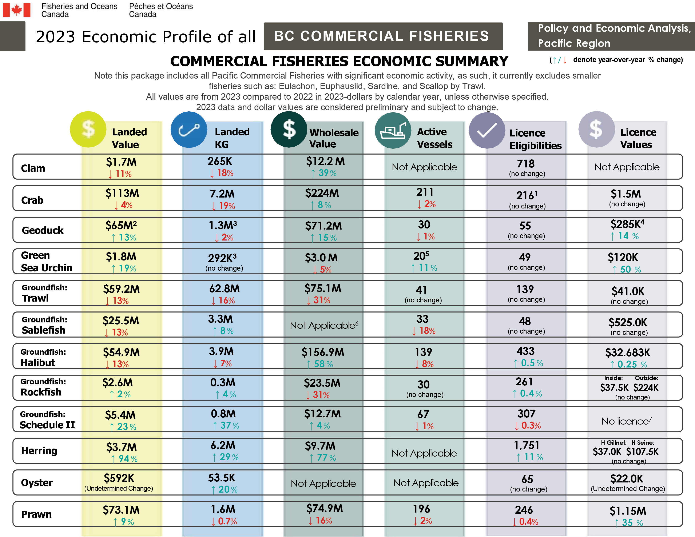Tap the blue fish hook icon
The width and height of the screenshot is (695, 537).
189,130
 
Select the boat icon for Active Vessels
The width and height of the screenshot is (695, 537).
393,130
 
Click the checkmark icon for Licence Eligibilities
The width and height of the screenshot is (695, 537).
486,130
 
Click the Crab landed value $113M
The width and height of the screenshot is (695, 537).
122,193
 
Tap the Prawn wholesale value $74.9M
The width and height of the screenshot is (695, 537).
324,508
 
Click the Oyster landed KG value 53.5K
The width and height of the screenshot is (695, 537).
222,478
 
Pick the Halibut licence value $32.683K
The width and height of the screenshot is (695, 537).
628,353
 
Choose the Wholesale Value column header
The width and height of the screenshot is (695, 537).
334,138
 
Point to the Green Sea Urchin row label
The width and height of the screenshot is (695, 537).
47,262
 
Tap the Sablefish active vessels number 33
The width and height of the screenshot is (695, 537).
422,319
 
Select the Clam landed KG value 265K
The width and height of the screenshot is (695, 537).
220,161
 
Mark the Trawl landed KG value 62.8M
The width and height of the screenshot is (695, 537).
224,289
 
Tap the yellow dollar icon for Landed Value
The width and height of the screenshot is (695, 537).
88,129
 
